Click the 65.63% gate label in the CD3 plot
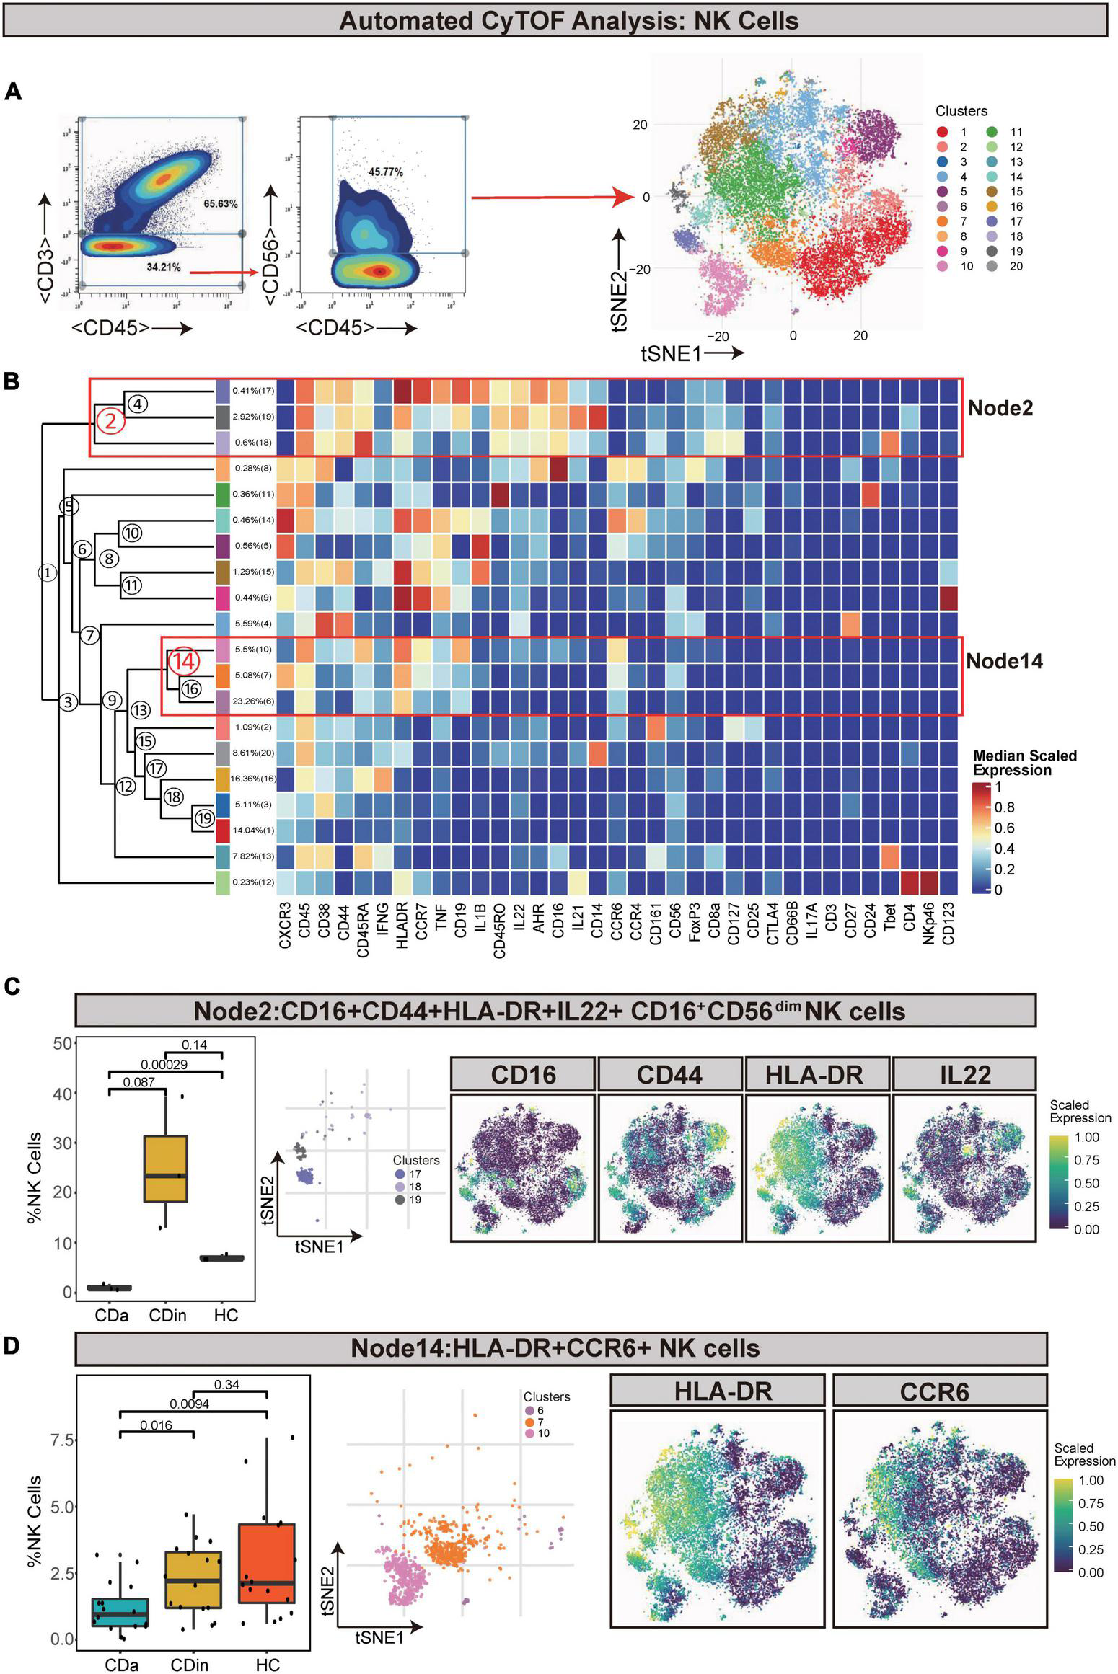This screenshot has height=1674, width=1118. click(x=220, y=204)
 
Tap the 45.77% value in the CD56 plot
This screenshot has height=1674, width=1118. click(x=385, y=172)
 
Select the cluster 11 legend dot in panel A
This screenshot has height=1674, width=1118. click(x=992, y=132)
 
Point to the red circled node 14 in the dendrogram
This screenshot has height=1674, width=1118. click(x=182, y=659)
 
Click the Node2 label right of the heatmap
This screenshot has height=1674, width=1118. click(x=1000, y=408)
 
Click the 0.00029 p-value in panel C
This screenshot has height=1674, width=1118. click(x=165, y=1064)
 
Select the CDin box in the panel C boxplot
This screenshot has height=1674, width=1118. click(x=166, y=1169)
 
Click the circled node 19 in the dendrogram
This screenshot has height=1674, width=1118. click(x=204, y=818)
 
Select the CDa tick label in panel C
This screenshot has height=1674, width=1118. click(x=111, y=1314)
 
